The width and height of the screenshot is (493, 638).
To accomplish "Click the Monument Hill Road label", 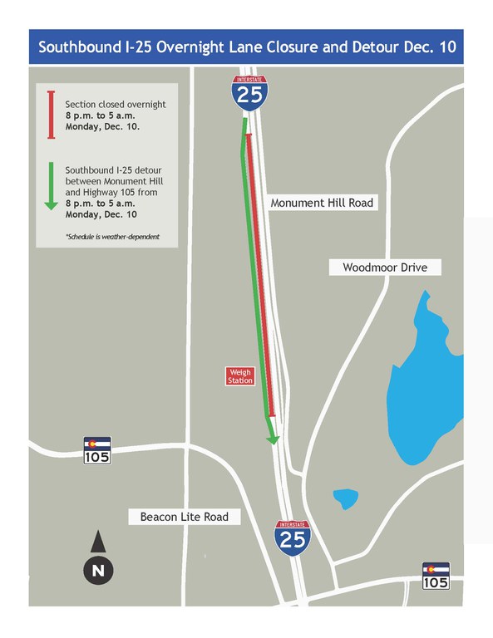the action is [x=323, y=203].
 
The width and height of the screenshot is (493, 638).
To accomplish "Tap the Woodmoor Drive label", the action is [x=384, y=267].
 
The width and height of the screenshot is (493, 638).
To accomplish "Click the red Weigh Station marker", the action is [x=240, y=376].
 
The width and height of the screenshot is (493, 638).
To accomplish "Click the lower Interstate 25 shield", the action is [x=293, y=537].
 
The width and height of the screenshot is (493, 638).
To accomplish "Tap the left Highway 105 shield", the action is [x=97, y=449].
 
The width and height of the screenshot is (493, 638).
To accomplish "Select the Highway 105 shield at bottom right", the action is [x=436, y=575].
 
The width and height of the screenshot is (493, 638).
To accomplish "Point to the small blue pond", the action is [x=345, y=498].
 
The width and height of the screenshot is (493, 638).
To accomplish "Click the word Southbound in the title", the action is [x=80, y=47].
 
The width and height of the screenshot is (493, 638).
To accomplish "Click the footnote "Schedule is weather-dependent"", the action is [x=112, y=237].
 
